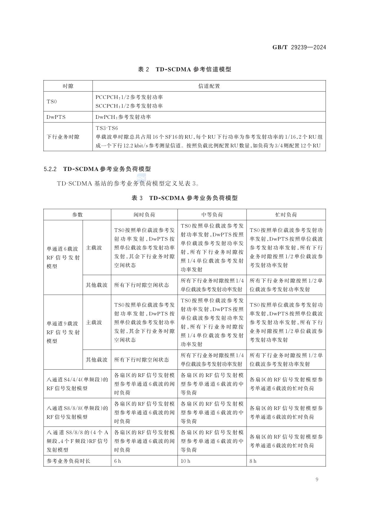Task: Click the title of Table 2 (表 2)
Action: [184, 69]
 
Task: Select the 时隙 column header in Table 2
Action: [68, 86]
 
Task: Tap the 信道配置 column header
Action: [209, 86]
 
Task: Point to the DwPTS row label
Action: [56, 117]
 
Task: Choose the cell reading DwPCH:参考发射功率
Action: [123, 117]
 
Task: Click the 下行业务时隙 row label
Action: [63, 137]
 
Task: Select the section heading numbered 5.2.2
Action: [97, 169]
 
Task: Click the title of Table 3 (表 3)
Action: [184, 198]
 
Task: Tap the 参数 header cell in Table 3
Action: [77, 215]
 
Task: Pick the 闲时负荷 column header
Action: [144, 215]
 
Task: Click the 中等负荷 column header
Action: [212, 215]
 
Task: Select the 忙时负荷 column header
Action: [286, 215]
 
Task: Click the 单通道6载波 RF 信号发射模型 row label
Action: [63, 257]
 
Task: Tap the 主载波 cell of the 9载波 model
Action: [94, 322]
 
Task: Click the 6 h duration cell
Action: [117, 461]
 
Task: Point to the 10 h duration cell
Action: [185, 461]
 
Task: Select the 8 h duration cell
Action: [253, 461]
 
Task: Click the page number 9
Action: [317, 480]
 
